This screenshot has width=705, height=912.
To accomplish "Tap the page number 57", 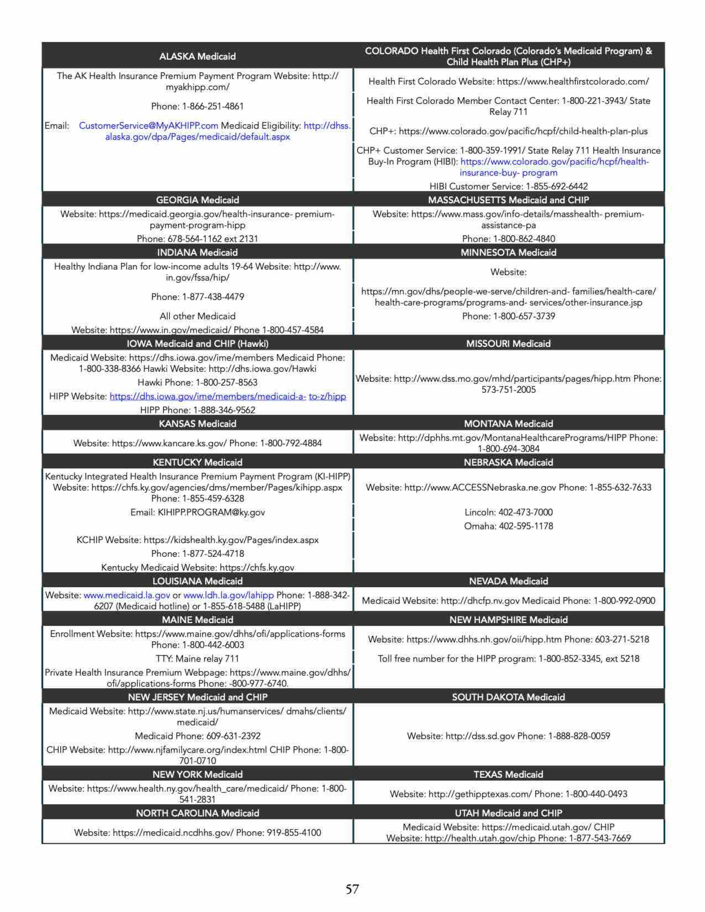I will (352, 889).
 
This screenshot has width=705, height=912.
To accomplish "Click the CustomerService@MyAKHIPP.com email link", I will (148, 126).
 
